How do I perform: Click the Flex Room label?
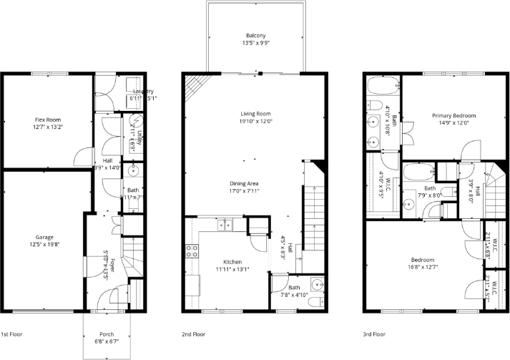[x=48, y=120]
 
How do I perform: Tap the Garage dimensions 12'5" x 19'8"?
[x=45, y=245]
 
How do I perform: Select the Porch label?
[x=107, y=334]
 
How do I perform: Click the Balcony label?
[x=255, y=36]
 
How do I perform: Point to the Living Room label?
[x=255, y=113]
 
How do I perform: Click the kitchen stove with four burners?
[x=192, y=251]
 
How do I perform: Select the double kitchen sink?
[x=225, y=225]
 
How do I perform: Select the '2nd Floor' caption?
[x=193, y=334]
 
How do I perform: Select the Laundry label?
[x=139, y=92]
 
